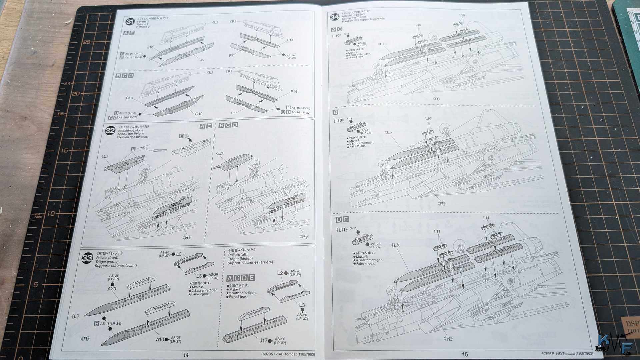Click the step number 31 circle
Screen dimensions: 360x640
pos(130,22)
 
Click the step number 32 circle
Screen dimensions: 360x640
pos(110,130)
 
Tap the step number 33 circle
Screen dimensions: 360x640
pos(87,258)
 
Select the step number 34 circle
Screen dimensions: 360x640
pos(334,17)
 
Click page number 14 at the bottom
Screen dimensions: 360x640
pos(186,355)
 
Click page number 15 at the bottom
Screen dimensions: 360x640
pos(465,354)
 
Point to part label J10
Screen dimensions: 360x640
pos(150,47)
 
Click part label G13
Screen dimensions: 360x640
pos(129,98)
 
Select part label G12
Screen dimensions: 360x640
pos(199,114)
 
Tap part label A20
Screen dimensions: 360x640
pos(112,289)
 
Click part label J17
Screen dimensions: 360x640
pos(263,340)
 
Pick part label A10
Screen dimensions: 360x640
pos(160,339)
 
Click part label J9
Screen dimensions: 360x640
pos(202,60)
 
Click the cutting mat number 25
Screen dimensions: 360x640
pos(87,42)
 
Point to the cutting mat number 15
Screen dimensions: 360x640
pos(64,151)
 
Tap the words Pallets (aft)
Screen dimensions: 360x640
pos(238,254)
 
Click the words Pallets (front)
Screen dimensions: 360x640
pos(107,258)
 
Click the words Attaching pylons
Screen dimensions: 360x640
pos(130,130)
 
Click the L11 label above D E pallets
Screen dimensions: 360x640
pos(486,218)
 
